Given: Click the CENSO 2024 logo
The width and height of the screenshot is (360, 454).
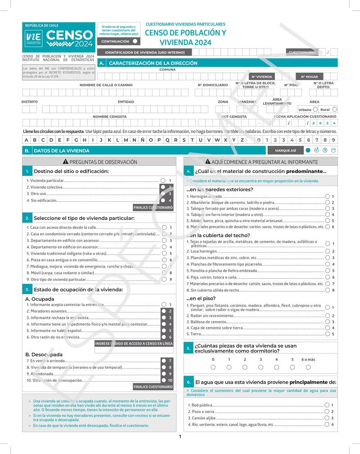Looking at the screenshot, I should (58, 37).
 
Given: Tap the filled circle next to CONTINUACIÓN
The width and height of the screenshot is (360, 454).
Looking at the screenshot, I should (135, 41).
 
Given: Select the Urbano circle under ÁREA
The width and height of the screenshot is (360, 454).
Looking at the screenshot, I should (315, 109).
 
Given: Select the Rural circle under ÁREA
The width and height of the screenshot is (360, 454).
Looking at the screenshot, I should (334, 109).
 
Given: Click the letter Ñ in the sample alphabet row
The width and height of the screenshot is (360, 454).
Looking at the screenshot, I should (142, 140).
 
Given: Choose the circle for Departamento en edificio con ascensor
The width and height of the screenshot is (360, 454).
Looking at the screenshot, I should (164, 241).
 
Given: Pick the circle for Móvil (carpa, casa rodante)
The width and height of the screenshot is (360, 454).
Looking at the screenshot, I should (164, 273).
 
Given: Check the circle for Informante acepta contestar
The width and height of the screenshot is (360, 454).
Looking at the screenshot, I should (164, 305).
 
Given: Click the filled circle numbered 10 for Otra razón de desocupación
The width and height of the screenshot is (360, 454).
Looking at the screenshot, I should (164, 380).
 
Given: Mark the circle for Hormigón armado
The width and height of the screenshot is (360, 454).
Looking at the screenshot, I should (328, 196).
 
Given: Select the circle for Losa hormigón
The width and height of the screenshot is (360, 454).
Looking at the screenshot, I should (328, 251).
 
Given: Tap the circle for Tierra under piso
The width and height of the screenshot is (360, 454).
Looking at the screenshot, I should (328, 334).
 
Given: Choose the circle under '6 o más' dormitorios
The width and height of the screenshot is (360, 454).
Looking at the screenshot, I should (308, 367).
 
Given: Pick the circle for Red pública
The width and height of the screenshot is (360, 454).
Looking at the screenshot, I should (327, 405).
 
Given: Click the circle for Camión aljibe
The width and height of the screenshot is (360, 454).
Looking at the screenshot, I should (327, 418).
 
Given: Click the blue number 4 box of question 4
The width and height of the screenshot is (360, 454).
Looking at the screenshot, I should (189, 172).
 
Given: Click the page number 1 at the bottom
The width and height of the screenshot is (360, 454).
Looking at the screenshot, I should (180, 436).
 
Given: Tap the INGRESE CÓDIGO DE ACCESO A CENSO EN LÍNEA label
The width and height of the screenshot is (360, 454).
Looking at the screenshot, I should (134, 344).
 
